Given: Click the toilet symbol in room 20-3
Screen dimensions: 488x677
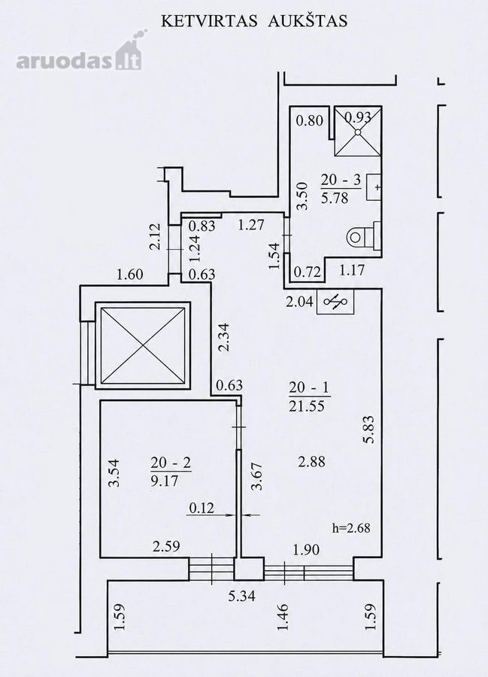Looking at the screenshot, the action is pos(365,235).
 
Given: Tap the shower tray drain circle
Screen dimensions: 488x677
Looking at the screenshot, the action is pos(358,132).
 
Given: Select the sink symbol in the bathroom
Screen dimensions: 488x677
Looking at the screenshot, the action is pos(374,187).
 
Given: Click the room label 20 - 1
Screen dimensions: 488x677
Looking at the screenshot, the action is pos(309,387).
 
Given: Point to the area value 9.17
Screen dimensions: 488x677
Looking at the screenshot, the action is pos(165,481).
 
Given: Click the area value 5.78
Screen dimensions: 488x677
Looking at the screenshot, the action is pos(335,198).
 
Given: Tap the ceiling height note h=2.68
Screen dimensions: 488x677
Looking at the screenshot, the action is pos(351,527).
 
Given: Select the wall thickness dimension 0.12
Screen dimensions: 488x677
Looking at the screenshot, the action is pos(202,508).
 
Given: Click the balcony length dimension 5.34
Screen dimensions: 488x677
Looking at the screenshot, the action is pos(241,597).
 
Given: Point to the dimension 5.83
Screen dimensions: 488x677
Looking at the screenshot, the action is pos(370,430).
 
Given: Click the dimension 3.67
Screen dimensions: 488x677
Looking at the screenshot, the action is pos(257,476).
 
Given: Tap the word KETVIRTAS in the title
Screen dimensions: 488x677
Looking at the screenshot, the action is pos(209,21).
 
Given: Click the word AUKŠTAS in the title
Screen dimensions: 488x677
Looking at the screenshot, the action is pos(308,20).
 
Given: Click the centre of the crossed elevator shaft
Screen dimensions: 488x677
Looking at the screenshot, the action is pos(143,345).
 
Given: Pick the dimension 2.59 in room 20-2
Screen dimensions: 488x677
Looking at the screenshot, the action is pos(166,547).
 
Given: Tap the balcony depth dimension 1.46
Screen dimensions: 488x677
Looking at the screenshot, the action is pos(283,617).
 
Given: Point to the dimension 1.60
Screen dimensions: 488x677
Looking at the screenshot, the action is pos(130,275).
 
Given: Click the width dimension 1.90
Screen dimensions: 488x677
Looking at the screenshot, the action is pos(306,550).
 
